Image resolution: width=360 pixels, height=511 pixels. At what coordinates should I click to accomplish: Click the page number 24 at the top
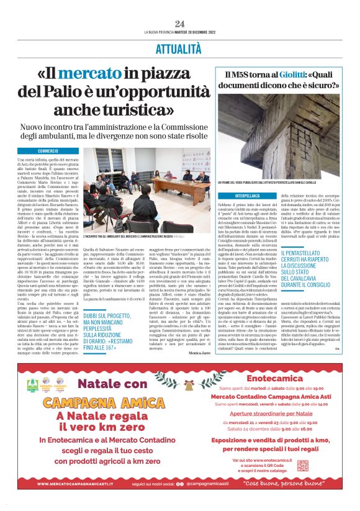coord(179,24)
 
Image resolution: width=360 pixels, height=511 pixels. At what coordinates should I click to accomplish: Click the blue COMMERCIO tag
coord(48,151)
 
